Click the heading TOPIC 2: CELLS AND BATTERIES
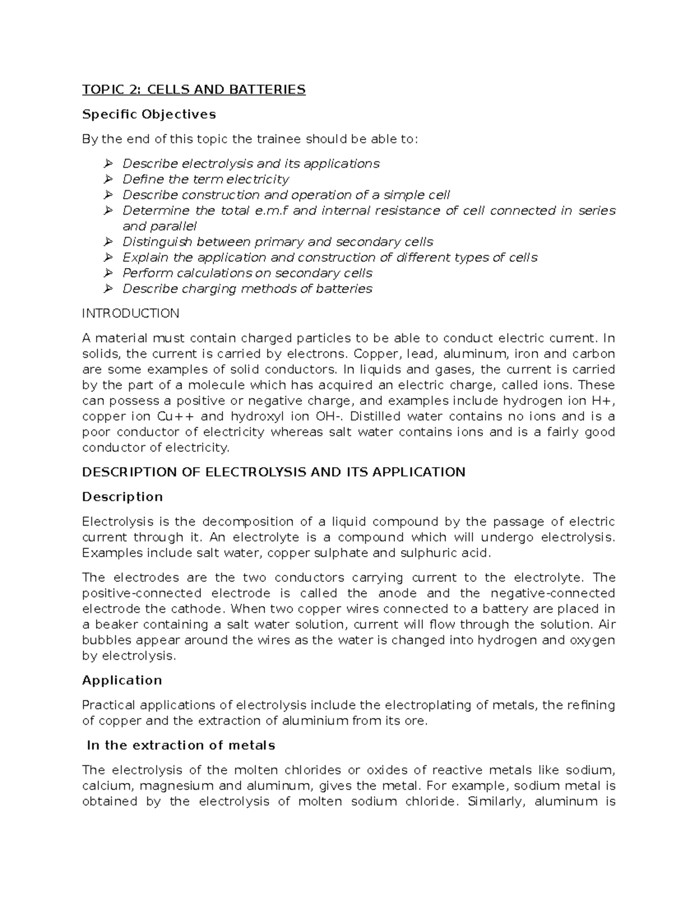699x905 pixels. [x=193, y=89]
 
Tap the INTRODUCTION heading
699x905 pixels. [x=130, y=314]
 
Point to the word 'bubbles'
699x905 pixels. [x=107, y=640]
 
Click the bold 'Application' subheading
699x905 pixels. [x=122, y=681]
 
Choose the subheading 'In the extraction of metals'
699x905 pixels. [x=181, y=746]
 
